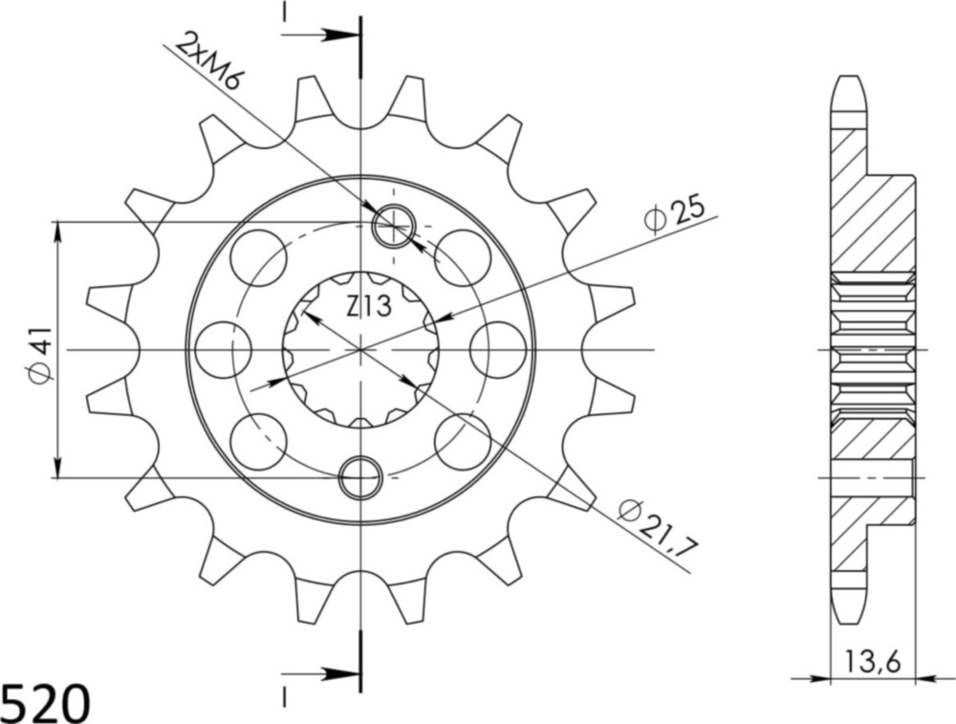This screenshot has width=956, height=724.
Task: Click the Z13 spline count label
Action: [367, 306]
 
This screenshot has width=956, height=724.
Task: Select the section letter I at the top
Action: [284, 12]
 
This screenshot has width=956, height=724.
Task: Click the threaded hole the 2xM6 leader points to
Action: [392, 227]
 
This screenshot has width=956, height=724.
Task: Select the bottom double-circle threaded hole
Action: [361, 476]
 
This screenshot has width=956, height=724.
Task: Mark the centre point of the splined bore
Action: [360, 350]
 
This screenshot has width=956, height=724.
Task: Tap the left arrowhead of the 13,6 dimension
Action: [818, 680]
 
